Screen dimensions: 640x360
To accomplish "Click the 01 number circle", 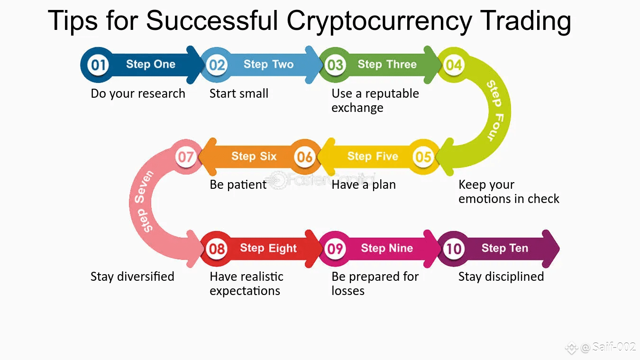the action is (x=98, y=65).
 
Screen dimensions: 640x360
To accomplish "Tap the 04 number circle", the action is (x=454, y=65).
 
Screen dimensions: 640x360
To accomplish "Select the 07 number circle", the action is (x=186, y=157).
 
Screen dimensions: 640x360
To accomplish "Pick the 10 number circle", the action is (x=454, y=249).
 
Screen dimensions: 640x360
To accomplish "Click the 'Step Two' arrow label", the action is (x=269, y=65).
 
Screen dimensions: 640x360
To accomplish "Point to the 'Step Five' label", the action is (x=373, y=156).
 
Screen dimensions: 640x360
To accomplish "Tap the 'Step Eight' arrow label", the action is (x=268, y=248).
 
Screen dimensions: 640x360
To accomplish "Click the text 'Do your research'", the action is (x=138, y=94).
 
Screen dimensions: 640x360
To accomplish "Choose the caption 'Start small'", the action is (x=239, y=93).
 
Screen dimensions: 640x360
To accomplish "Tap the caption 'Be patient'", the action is (x=238, y=185).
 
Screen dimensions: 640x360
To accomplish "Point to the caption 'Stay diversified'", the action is (x=132, y=277).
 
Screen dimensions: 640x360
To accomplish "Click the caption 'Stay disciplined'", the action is (x=501, y=277).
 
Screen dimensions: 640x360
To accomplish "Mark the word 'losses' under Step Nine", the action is (x=348, y=291).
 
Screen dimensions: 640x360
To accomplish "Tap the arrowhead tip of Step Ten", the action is (x=559, y=249).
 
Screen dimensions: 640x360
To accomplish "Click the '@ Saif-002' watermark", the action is (x=608, y=347).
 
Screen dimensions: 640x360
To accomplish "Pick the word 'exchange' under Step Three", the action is (x=357, y=108).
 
